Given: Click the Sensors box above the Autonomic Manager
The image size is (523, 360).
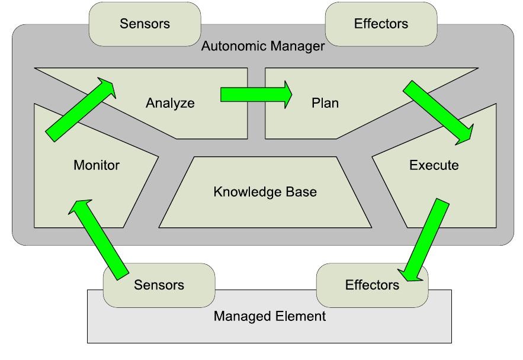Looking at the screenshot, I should click(x=145, y=24).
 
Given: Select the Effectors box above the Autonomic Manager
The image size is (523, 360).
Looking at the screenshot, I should click(x=380, y=24).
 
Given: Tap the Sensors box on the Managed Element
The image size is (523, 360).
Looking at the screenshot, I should click(x=159, y=285).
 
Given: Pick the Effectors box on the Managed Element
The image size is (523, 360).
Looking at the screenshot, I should click(x=371, y=285).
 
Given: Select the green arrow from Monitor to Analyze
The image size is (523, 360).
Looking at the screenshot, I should click(x=81, y=110).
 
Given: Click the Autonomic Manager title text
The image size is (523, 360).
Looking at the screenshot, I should click(x=263, y=46).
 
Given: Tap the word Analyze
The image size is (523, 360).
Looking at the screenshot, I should click(x=170, y=103).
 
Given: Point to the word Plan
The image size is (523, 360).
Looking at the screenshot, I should click(x=325, y=103).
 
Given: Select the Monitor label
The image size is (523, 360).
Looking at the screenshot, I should click(x=97, y=165).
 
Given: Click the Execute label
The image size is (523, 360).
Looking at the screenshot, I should click(x=434, y=165).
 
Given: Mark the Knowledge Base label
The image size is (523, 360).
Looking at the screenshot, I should click(x=265, y=192).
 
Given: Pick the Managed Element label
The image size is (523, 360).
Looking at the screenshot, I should click(x=269, y=316).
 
